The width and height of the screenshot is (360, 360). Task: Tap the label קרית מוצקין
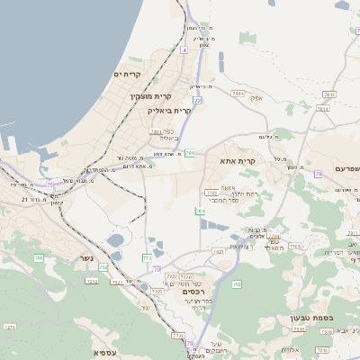(150, 95)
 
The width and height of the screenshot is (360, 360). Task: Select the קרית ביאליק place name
(169, 110)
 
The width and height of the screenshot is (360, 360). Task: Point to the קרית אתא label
(238, 161)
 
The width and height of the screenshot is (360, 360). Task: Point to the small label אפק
(256, 97)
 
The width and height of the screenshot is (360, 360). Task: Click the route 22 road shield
(196, 100)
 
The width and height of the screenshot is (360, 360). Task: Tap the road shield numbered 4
(184, 50)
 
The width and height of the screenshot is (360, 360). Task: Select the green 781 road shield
(189, 154)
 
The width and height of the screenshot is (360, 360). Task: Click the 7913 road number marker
(238, 93)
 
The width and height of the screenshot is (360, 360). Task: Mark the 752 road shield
(103, 267)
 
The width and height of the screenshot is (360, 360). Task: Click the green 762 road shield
(237, 284)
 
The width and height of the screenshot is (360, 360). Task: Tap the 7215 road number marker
(186, 277)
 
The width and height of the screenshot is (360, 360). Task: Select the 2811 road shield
(156, 131)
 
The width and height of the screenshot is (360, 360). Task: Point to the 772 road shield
(148, 258)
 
